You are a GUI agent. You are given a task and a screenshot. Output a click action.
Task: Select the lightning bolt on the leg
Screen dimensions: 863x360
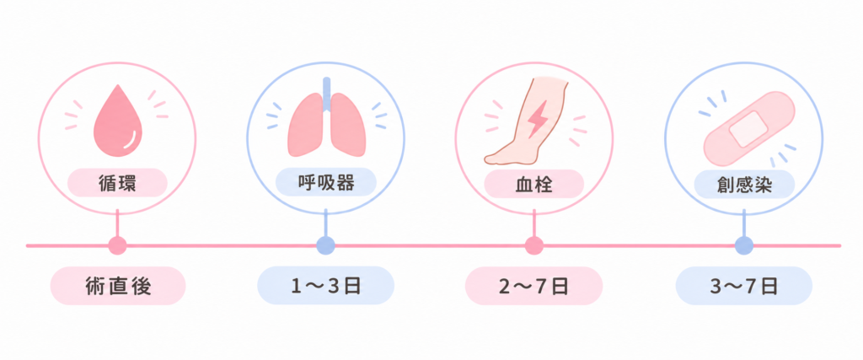click(536, 118)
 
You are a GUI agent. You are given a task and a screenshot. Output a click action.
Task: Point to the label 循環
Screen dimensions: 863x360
click(117, 183)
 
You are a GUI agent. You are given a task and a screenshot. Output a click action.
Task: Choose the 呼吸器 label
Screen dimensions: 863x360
click(326, 183)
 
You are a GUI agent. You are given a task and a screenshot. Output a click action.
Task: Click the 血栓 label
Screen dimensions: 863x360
click(533, 183)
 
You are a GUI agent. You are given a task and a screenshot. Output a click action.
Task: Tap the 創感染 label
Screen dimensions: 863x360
click(744, 185)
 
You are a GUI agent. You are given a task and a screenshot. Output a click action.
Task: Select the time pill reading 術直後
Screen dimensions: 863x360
click(118, 287)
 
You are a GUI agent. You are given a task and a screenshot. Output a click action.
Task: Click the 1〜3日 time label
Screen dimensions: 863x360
click(326, 287)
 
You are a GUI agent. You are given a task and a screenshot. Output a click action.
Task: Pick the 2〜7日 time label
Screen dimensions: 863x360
click(533, 287)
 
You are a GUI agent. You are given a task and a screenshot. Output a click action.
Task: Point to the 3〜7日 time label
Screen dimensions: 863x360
click(744, 287)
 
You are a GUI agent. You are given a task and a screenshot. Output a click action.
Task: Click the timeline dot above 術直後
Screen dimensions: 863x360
click(117, 245)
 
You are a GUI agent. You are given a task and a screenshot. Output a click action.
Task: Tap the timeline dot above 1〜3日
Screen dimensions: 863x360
click(326, 245)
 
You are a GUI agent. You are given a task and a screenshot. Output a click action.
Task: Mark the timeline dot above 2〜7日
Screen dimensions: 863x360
click(533, 245)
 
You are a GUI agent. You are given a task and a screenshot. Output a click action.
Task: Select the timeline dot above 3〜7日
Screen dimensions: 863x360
click(744, 245)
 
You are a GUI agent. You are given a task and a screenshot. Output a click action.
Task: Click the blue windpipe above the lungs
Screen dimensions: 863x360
click(327, 94)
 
